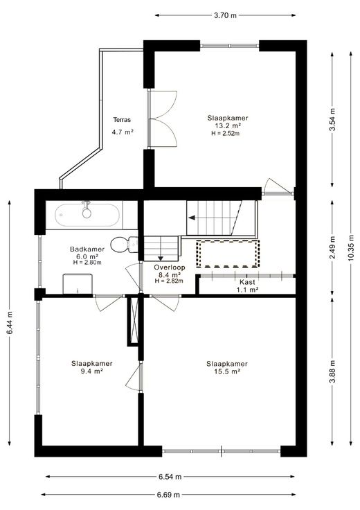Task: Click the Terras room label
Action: [x=122, y=120]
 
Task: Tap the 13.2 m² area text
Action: [x=228, y=125]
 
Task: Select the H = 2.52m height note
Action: [x=226, y=133]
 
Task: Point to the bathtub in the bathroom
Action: [x=87, y=215]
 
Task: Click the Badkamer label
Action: [x=87, y=249]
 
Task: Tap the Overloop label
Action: [x=170, y=267]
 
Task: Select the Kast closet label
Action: [x=247, y=282]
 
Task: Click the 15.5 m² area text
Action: [x=227, y=371]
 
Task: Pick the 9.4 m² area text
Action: [x=92, y=371]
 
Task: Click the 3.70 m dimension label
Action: [x=225, y=15]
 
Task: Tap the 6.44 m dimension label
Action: [x=10, y=323]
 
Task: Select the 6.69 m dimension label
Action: [x=168, y=495]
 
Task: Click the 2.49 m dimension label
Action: [x=332, y=247]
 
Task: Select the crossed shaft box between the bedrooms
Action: [x=133, y=320]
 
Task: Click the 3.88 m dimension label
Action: [x=332, y=371]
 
